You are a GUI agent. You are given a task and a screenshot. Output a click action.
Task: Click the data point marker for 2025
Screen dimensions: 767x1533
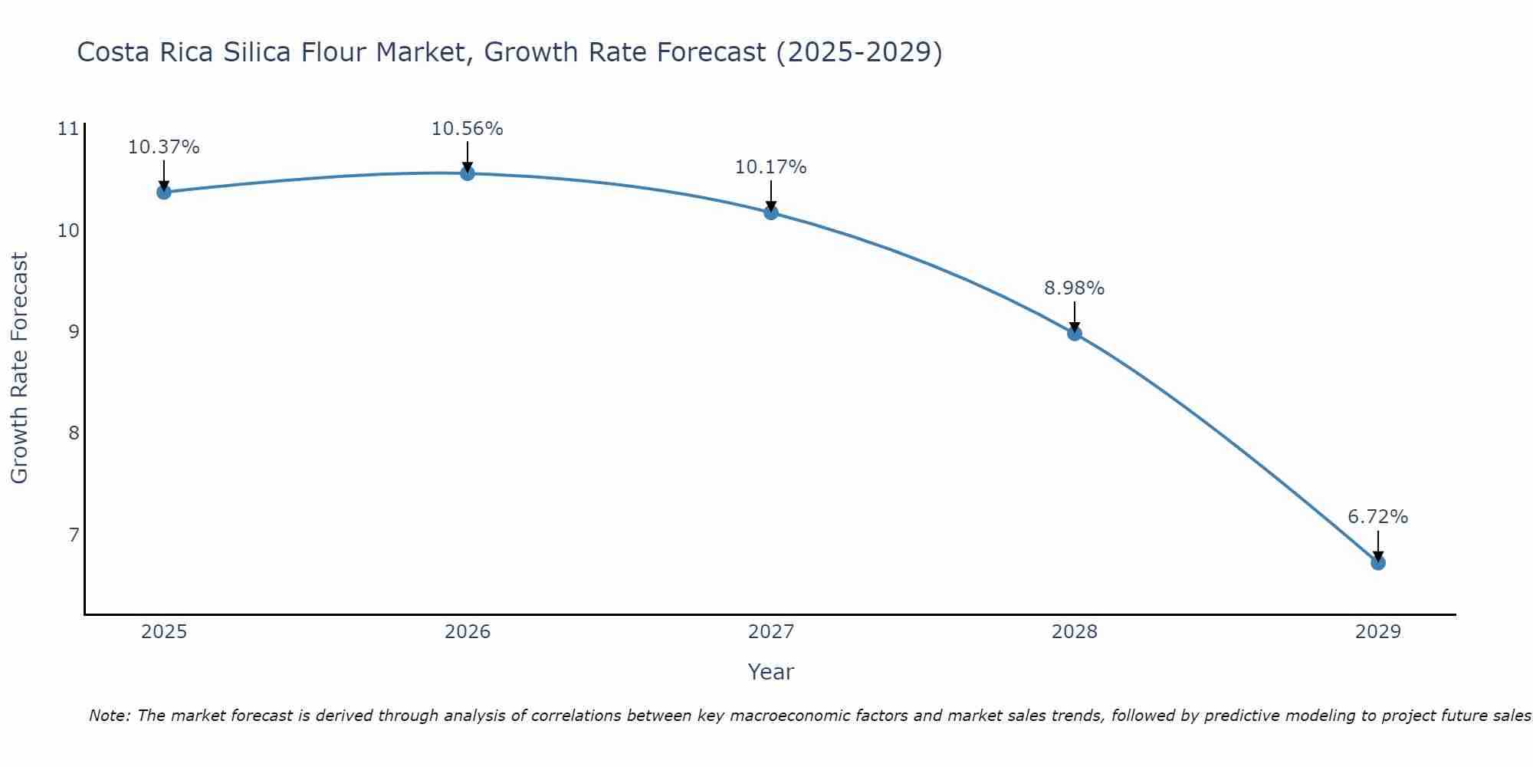click(163, 192)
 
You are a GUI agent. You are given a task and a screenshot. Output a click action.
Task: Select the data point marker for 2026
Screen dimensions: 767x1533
click(467, 173)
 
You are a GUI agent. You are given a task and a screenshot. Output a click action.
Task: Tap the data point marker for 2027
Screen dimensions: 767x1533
click(770, 212)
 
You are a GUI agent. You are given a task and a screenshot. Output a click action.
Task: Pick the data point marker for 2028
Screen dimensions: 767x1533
click(1074, 333)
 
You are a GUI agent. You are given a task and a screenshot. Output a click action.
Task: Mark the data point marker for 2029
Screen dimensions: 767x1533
click(1377, 562)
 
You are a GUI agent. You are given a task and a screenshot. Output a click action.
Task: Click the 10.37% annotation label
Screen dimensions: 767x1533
click(163, 147)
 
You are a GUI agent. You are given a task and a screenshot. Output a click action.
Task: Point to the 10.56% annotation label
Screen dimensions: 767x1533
click(467, 129)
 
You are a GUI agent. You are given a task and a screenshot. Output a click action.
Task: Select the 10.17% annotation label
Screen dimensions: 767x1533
click(770, 167)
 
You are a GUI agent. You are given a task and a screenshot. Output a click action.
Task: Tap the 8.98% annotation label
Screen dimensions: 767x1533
click(1074, 288)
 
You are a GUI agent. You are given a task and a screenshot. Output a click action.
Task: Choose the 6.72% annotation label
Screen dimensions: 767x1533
click(1377, 517)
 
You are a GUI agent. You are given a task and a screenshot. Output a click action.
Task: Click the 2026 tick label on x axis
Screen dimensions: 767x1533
click(467, 632)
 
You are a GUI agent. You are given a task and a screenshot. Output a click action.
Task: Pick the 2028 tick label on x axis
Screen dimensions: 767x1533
click(1074, 632)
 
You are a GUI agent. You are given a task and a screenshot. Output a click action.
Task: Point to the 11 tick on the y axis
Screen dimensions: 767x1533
click(68, 129)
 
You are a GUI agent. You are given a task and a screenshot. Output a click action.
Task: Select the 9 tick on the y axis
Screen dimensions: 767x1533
click(74, 331)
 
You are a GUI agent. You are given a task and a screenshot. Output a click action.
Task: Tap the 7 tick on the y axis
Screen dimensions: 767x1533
click(74, 534)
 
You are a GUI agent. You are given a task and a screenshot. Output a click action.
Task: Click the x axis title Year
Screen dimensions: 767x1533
click(770, 672)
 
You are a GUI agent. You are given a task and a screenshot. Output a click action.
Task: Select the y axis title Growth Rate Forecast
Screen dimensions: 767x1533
click(20, 368)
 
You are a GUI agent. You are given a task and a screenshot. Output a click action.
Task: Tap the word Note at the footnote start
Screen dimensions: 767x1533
click(110, 716)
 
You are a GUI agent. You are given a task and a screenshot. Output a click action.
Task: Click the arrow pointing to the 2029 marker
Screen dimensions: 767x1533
click(1377, 545)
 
